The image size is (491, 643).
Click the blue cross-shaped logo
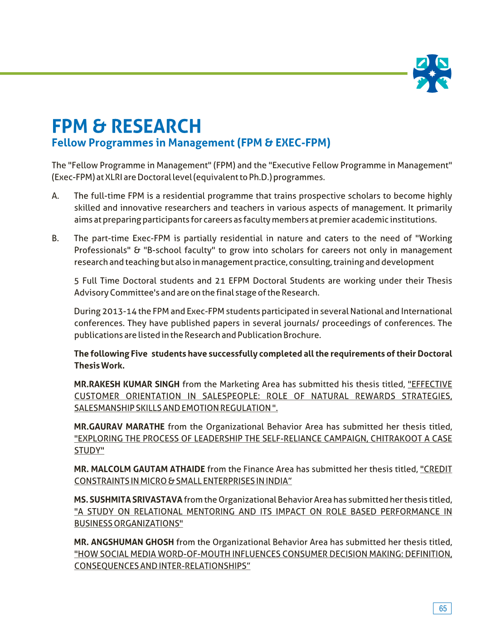(x=432, y=74)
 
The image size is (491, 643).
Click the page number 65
(x=442, y=608)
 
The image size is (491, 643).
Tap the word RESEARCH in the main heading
(x=156, y=126)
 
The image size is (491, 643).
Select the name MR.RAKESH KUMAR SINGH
(x=127, y=384)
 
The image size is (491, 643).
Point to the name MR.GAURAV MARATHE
(x=119, y=427)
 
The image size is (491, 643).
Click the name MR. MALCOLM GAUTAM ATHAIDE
(x=140, y=469)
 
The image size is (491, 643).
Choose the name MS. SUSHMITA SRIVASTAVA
(x=128, y=500)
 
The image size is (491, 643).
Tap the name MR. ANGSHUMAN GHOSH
(x=124, y=542)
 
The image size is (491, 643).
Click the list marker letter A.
(x=55, y=196)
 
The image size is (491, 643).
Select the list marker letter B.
(x=55, y=238)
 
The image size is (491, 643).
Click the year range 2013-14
(x=119, y=312)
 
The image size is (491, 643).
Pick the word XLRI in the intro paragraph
(x=113, y=177)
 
